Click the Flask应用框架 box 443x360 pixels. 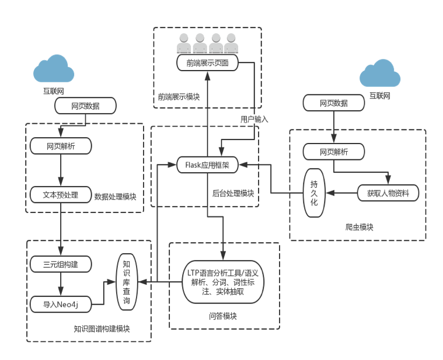click(207, 165)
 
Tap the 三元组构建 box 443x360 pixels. click(61, 264)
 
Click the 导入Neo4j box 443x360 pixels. click(61, 304)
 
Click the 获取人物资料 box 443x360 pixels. click(388, 193)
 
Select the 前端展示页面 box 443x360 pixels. click(207, 63)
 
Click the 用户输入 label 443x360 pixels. click(254, 118)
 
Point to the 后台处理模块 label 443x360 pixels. click(233, 194)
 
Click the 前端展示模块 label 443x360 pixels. click(179, 96)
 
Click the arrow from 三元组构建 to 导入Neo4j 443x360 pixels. click(61, 284)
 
